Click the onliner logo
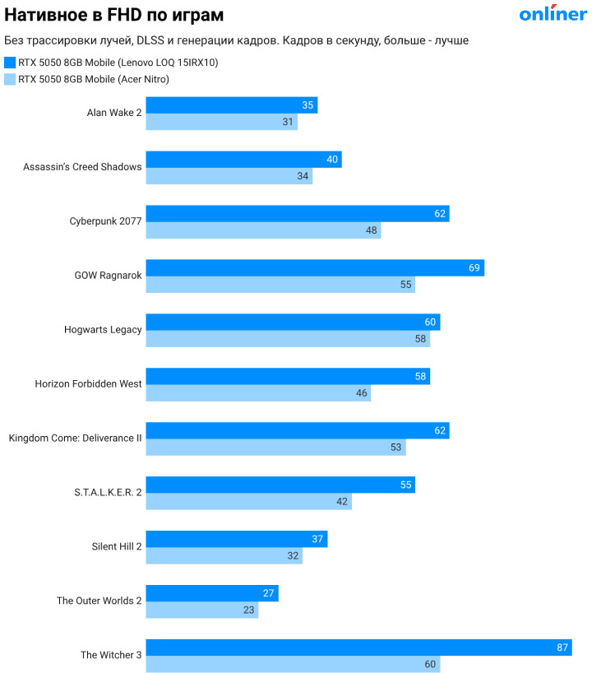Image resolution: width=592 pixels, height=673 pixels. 553,13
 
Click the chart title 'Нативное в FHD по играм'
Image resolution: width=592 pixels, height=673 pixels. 113,15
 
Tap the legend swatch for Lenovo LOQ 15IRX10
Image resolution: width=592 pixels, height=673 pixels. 10,63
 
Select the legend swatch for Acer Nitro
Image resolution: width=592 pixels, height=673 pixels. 10,80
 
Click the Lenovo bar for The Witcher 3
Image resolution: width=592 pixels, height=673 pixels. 358,647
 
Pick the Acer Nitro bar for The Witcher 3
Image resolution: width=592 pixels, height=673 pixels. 293,665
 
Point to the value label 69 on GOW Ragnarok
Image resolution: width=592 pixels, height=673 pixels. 474,268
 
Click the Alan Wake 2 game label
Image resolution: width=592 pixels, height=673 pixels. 114,113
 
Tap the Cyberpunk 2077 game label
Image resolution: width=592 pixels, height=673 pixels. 105,221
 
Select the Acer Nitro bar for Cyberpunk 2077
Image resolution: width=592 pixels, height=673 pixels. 263,230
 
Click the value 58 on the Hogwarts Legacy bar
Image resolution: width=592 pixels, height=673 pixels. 420,339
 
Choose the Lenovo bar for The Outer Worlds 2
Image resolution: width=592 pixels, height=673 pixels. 212,593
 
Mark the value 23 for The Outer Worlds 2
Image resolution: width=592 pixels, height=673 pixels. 248,610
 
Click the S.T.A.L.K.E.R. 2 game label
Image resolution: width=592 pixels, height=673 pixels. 108,493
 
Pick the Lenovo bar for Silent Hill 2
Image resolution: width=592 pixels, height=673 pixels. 237,539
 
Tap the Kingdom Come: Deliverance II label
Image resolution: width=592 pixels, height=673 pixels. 76,439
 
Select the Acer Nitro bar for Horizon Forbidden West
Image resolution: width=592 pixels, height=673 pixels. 258,393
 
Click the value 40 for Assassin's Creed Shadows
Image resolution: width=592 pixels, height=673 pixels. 332,160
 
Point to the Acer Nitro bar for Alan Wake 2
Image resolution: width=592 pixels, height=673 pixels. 221,122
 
